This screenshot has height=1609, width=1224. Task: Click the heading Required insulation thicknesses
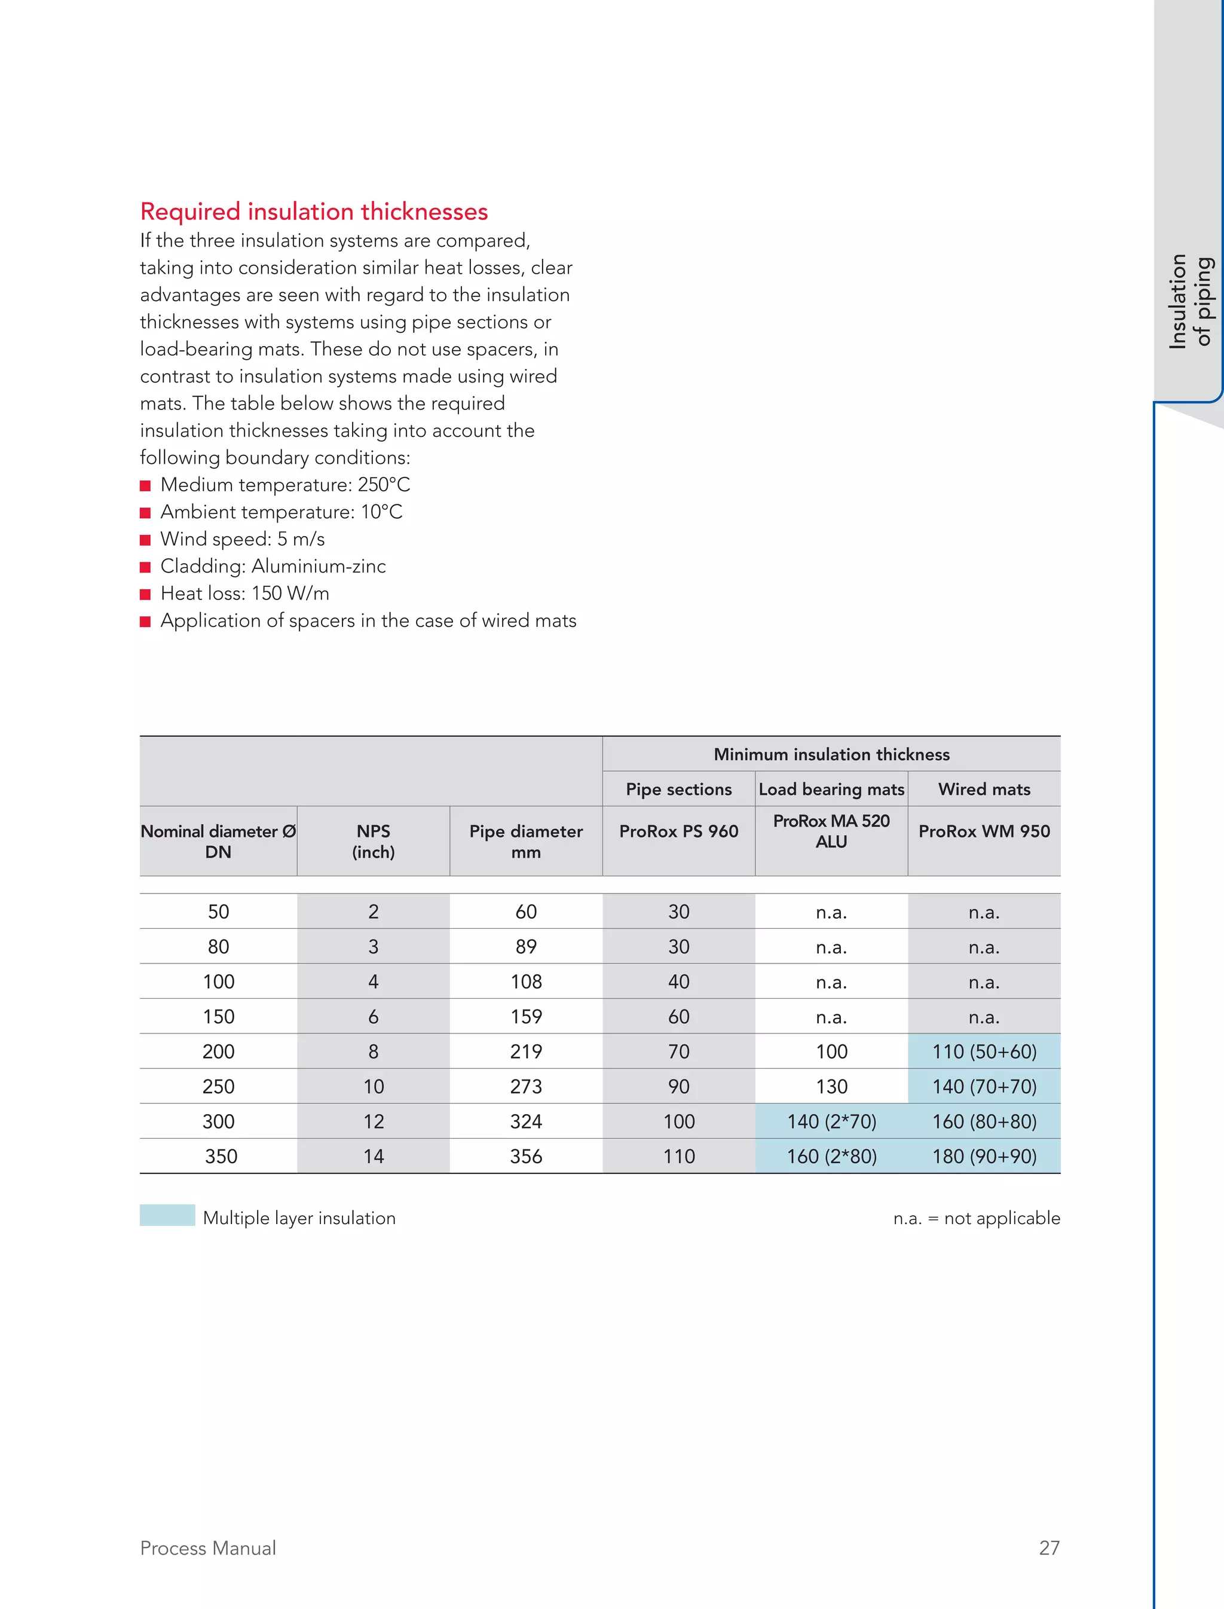click(x=313, y=212)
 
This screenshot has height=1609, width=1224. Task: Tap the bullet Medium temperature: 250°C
click(x=285, y=485)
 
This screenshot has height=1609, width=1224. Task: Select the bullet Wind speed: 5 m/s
click(x=242, y=539)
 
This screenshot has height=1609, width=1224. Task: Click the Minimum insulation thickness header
click(x=831, y=754)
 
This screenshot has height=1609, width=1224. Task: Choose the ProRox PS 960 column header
click(x=678, y=831)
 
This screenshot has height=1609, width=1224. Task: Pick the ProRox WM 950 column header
click(x=984, y=831)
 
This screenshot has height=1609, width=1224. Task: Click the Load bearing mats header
click(x=831, y=789)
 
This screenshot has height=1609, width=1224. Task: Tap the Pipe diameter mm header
click(x=525, y=841)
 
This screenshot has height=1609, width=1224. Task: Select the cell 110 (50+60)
click(x=984, y=1051)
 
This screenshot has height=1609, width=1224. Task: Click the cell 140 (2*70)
click(x=831, y=1121)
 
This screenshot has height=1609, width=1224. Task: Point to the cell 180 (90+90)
click(x=984, y=1157)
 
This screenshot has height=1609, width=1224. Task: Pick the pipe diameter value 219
click(x=525, y=1051)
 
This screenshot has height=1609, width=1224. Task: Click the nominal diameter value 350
click(x=221, y=1157)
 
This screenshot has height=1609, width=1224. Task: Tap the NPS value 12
click(x=373, y=1121)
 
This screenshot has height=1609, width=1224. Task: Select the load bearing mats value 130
click(x=831, y=1087)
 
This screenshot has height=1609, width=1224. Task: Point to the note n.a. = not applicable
click(x=977, y=1219)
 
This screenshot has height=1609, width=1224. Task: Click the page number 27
click(x=1048, y=1548)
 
